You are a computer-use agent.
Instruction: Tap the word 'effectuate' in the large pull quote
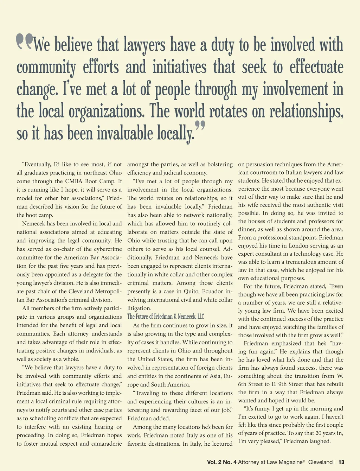[x=316, y=67]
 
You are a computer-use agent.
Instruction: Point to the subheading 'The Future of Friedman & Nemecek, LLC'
[x=166, y=317]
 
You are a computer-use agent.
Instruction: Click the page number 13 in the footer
[x=341, y=462]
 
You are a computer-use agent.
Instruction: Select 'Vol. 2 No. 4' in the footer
[x=221, y=462]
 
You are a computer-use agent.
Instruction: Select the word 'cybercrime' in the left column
[x=107, y=249]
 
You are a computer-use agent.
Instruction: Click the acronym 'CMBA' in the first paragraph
[x=73, y=181]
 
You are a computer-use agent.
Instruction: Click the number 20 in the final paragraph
[x=318, y=433]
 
